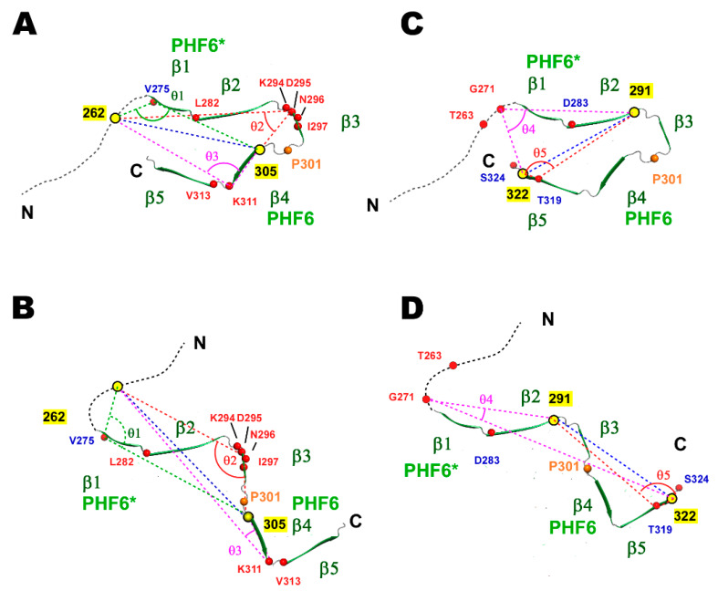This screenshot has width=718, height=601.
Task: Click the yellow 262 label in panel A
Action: coord(94,113)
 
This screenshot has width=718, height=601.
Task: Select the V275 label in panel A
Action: coord(157,89)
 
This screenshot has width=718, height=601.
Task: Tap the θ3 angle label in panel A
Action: coord(213,156)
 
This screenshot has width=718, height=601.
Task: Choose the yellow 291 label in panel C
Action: coord(642,92)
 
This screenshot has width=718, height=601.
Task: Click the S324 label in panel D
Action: coord(696,478)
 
